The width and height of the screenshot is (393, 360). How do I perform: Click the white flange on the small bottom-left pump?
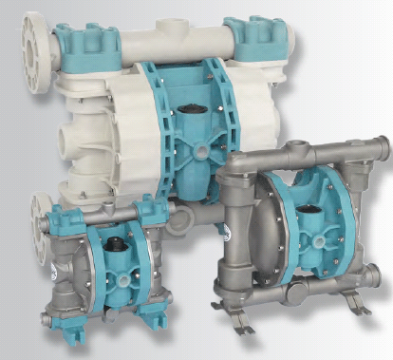(x=44, y=213)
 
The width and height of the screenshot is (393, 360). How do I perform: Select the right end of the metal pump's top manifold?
(x=382, y=148)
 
